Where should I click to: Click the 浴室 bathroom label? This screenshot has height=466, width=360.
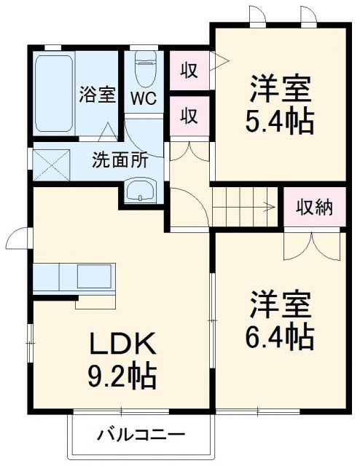coord(98,94)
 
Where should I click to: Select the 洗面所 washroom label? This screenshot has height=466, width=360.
coord(120,160)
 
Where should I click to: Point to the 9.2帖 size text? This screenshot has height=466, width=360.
coord(121,376)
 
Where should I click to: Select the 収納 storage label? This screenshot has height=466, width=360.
coord(314,208)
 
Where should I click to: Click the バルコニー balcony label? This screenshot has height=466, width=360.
coord(142,436)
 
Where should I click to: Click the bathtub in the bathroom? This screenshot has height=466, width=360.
coord(53,92)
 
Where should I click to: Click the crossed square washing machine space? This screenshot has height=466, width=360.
coord(52,161)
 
